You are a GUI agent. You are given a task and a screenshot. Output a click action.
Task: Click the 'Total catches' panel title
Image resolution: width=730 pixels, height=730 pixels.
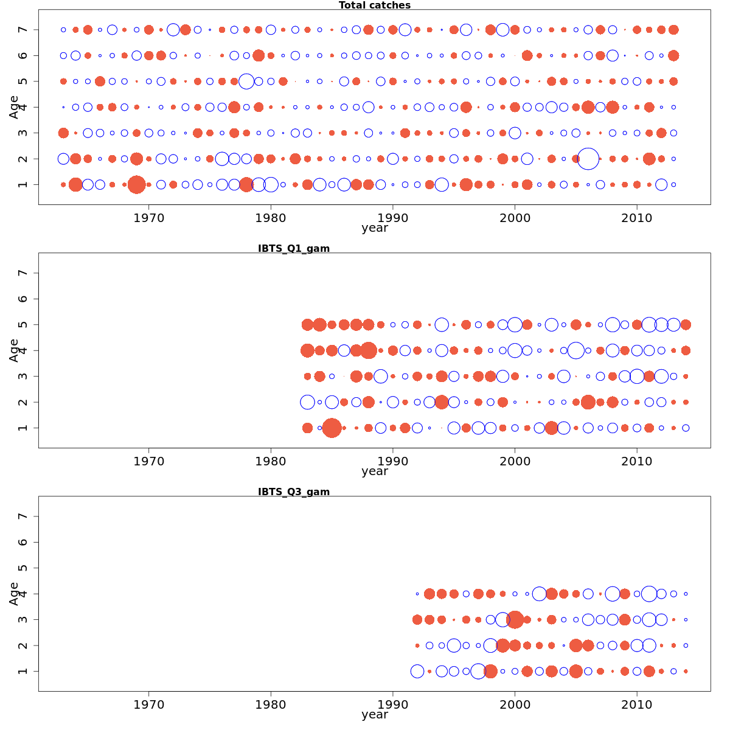[x=374, y=5]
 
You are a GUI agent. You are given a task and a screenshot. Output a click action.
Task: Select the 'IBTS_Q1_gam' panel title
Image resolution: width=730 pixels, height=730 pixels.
[x=294, y=248]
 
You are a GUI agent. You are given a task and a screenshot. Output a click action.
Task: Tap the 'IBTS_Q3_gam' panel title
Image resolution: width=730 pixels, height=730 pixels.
[x=294, y=492]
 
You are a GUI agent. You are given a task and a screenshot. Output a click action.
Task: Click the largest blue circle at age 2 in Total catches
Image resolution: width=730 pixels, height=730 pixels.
[x=588, y=159]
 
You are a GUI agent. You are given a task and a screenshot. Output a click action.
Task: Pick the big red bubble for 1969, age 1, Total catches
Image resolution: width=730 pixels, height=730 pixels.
[x=137, y=184]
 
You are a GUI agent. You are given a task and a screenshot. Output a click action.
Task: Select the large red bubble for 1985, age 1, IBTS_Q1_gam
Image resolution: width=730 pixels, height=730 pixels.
[x=332, y=428]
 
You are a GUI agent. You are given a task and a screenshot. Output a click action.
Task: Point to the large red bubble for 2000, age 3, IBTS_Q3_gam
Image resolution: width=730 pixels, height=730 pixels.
[x=515, y=619]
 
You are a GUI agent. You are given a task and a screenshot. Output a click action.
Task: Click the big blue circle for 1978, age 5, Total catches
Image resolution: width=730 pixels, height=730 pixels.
[x=246, y=81]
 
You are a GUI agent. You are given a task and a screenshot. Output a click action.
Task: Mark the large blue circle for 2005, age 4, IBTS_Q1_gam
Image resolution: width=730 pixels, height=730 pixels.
[x=576, y=350]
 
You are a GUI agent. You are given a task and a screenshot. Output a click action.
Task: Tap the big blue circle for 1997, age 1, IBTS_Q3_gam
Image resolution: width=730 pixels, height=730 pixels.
[x=478, y=671]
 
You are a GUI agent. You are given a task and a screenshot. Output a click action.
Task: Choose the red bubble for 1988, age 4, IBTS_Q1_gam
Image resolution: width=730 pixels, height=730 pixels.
[x=368, y=350]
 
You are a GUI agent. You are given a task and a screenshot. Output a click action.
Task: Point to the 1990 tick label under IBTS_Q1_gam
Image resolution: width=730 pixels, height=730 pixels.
[x=393, y=461]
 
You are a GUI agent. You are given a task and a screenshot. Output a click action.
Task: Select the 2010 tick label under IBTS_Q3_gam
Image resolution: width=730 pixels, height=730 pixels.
[x=637, y=704]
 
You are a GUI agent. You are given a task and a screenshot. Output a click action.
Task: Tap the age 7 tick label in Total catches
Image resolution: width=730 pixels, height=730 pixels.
[x=23, y=30]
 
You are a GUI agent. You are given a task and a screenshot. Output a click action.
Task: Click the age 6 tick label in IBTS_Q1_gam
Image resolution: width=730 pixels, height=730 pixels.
[x=23, y=299]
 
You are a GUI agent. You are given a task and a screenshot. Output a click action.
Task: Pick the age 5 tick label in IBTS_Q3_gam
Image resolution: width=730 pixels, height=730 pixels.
[x=23, y=568]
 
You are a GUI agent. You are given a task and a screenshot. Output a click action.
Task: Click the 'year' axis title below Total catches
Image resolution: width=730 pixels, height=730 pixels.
[x=374, y=228]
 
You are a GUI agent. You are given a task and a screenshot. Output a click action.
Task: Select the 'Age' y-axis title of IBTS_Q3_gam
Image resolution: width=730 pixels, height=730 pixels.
[x=14, y=593]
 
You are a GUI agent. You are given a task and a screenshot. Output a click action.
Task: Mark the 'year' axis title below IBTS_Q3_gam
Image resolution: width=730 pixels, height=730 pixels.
[x=374, y=715]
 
